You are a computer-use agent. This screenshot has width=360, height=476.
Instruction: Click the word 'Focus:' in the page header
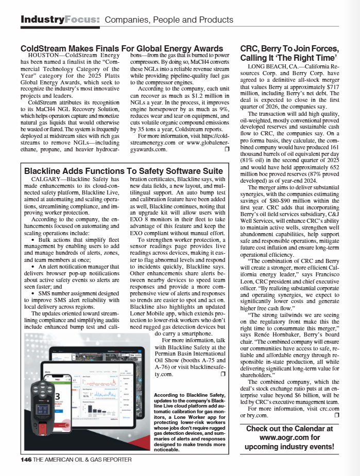click(82, 20)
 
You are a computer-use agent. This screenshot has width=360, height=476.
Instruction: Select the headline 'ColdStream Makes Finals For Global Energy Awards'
click(121, 49)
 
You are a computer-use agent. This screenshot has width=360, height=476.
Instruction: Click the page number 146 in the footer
click(26, 459)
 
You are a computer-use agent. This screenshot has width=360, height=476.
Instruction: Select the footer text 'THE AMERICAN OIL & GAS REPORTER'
click(82, 459)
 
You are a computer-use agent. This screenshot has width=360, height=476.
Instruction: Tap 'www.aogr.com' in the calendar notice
click(289, 437)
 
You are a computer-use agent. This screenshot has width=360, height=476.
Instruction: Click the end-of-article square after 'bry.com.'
click(336, 415)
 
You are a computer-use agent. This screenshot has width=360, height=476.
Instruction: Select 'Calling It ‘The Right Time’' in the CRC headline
click(289, 58)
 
